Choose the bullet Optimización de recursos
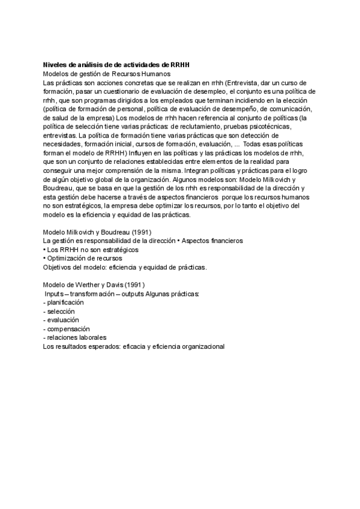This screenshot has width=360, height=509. (x=79, y=258)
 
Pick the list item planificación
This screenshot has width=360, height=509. (x=65, y=303)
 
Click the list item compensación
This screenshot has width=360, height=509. (x=68, y=328)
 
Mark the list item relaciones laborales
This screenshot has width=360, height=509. (x=73, y=337)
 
